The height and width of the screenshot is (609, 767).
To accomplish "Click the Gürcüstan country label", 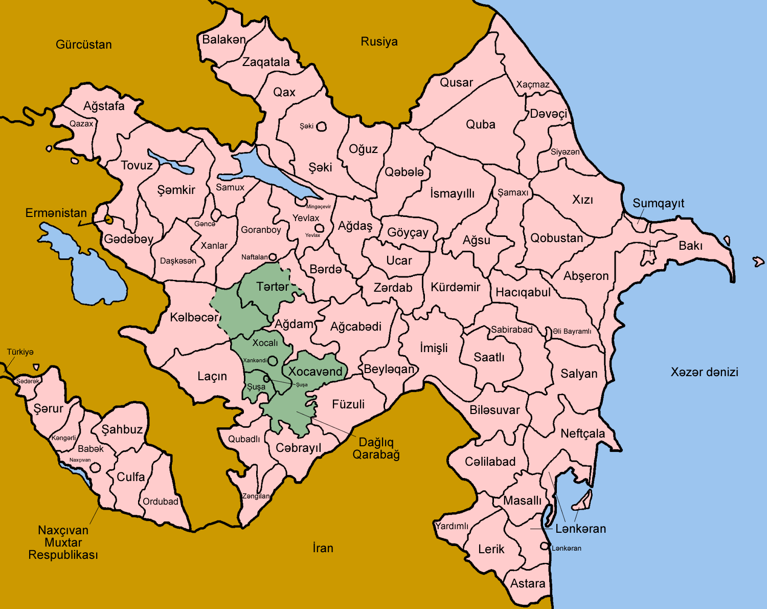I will click(x=84, y=45).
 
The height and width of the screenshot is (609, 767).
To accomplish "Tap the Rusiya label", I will click(x=379, y=41).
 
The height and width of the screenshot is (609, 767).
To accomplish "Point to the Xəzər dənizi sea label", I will click(x=704, y=372).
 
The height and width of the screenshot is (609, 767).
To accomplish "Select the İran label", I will click(x=323, y=548).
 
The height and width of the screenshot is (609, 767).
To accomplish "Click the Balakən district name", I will click(x=224, y=39).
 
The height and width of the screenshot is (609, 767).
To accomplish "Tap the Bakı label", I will click(x=690, y=246).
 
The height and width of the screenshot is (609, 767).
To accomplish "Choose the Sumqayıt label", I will click(x=658, y=203).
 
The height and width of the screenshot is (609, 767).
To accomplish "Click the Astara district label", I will click(x=528, y=583).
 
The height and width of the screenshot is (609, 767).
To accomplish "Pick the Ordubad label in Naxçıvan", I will click(x=161, y=502).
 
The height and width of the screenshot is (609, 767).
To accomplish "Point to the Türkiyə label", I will click(x=20, y=352).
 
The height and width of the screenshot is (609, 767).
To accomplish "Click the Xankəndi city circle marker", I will click(x=273, y=360).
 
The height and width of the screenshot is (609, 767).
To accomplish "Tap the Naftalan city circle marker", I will click(x=273, y=257).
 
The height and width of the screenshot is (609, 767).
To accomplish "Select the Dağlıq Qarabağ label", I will click(x=376, y=448).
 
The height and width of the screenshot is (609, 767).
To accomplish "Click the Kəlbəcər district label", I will click(x=194, y=317).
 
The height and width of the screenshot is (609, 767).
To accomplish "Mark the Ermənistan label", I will click(x=56, y=213).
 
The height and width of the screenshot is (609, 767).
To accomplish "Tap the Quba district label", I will click(x=480, y=124).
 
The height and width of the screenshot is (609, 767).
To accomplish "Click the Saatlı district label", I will click(x=489, y=357).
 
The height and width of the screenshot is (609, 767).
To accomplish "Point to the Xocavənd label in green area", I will click(x=315, y=372).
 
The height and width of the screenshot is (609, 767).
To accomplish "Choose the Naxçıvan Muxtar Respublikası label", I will click(x=63, y=542).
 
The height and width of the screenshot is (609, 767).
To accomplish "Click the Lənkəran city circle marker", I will click(x=545, y=546).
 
